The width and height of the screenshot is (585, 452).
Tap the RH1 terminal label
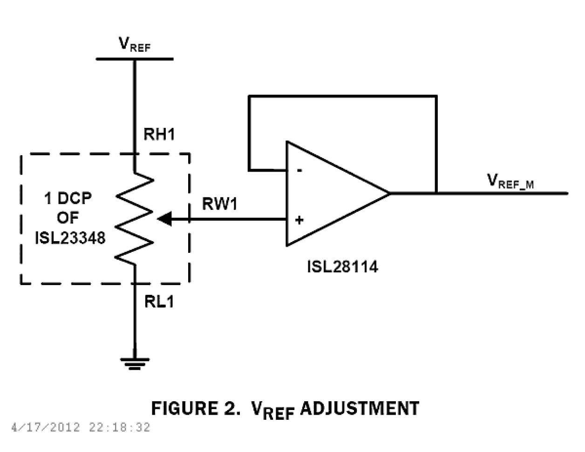tap(159, 134)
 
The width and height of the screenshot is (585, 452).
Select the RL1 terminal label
tap(159, 302)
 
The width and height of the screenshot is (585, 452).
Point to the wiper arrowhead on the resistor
tap(164, 218)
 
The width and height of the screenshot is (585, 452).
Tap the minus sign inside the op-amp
tap(299, 171)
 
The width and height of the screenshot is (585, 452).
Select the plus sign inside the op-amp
tap(299, 220)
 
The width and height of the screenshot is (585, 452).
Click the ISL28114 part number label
tap(342, 267)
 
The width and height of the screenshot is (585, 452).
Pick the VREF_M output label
tap(510, 181)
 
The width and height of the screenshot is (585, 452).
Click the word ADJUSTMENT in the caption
tap(359, 409)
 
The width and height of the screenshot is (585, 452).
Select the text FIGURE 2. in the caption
tap(196, 409)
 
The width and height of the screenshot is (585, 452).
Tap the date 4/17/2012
tap(46, 427)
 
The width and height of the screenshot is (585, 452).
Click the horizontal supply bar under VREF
tap(135, 59)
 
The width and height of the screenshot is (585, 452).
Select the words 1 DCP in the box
tap(68, 198)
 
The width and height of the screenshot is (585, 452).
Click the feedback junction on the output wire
tap(436, 193)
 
